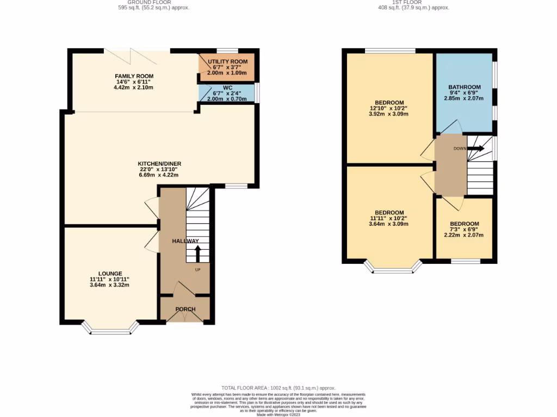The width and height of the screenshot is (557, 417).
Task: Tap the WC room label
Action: point(227,87)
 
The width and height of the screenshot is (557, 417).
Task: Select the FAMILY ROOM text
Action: point(134,76)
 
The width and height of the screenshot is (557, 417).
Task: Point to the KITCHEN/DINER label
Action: point(159,163)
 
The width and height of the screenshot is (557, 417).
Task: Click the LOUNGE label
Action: point(110,274)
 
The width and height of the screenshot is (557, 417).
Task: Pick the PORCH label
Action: point(185,309)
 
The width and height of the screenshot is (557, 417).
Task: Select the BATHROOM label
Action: point(464,87)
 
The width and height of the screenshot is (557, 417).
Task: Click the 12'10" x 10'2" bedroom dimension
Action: point(389,108)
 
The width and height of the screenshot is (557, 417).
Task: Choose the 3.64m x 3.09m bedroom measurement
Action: point(389,224)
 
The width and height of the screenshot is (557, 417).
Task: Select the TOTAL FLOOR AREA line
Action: point(278,388)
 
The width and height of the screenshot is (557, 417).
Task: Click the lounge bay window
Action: point(110,330)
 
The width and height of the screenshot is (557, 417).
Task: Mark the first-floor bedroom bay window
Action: point(393,268)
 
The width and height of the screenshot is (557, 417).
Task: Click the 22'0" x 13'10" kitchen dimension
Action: point(159,169)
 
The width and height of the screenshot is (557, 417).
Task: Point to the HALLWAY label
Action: point(185,241)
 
